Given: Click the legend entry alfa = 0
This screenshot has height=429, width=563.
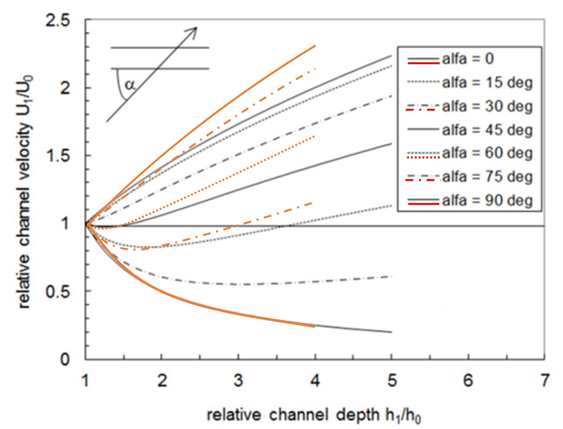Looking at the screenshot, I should click(468, 59).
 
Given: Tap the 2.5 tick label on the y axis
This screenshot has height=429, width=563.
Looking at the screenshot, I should click(58, 20).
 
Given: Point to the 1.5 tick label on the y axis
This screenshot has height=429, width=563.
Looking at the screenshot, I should click(58, 156).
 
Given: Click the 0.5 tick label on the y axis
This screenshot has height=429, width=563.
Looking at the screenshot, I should click(58, 292).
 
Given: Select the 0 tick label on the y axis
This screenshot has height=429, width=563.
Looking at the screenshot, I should click(65, 359).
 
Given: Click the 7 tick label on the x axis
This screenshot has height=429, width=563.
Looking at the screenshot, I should click(544, 381).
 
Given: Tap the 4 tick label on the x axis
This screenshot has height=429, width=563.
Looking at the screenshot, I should click(315, 381).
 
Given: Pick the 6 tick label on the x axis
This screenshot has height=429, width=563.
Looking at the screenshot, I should click(468, 381).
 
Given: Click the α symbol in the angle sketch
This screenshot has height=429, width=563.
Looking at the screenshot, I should click(130, 84).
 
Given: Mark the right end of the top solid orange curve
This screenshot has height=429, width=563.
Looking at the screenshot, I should click(315, 46).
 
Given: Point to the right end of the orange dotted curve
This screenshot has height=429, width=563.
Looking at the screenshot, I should click(315, 136).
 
